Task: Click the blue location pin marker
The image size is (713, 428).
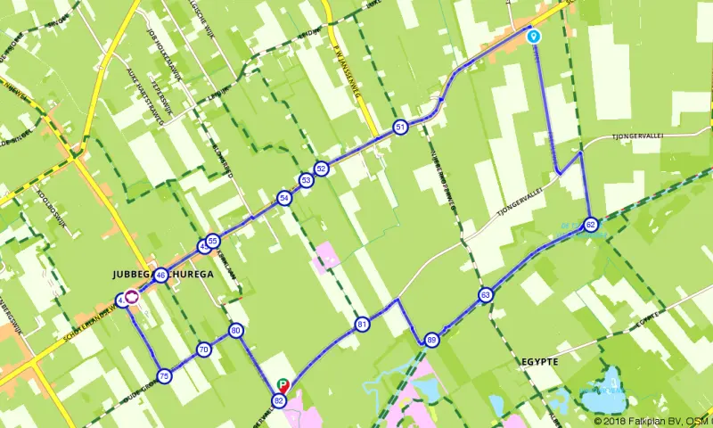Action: pos(534,36)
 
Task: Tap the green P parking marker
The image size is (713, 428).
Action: pos(283,386)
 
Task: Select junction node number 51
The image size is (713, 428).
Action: pos(401,128)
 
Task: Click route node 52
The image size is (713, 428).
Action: pos(322,168)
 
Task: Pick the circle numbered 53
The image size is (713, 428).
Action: pos(306,181)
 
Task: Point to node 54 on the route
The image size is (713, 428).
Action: pos(283,198)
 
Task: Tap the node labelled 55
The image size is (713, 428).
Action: pos(212,241)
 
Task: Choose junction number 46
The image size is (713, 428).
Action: pos(160,276)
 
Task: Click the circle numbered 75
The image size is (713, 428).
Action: pos(164,376)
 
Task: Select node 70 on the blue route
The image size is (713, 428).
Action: pos(203,350)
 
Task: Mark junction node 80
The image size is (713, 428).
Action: pos(236,331)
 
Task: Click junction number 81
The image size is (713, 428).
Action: pos(362,325)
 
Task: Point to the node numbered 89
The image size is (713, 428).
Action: pos(431,340)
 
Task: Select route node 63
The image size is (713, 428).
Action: pos(485,294)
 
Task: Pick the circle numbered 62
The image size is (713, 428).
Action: pos(590,224)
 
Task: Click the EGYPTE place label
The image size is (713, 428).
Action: pos(537,363)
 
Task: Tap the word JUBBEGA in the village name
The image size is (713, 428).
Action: pos(132,275)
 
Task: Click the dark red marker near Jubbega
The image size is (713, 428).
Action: pos(131,297)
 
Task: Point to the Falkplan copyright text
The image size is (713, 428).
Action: pos(652,420)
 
